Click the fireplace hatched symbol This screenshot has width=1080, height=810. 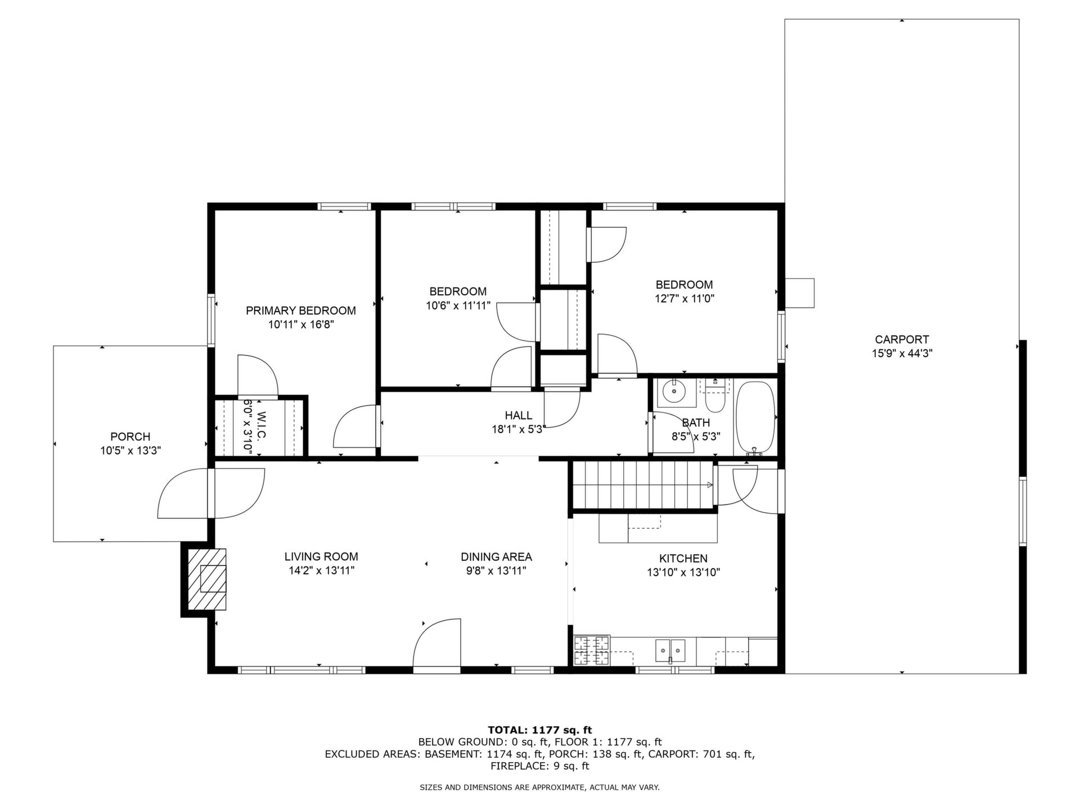(x=207, y=579)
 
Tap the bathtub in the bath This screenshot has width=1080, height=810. (x=756, y=417)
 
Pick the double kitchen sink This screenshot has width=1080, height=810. (x=670, y=651)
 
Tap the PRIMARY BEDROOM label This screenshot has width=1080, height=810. (x=301, y=310)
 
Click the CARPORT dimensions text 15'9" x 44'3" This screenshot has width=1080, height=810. (x=902, y=354)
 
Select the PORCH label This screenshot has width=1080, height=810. (x=130, y=436)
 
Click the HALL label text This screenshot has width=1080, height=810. (x=519, y=416)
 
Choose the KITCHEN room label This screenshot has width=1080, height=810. (x=683, y=559)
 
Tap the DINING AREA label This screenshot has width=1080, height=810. (x=496, y=557)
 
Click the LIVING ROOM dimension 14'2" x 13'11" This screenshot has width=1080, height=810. (x=321, y=571)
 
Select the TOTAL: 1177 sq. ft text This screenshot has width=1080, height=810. (x=540, y=730)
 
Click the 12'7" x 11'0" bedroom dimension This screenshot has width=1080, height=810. (x=685, y=299)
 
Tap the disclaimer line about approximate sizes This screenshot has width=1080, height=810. (x=540, y=788)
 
